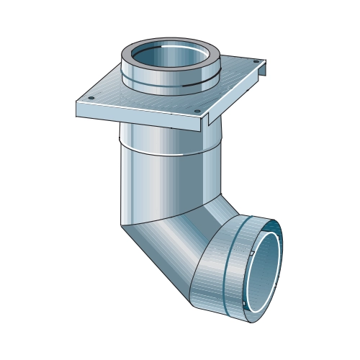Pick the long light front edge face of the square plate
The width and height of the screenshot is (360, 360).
click(x=137, y=117)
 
